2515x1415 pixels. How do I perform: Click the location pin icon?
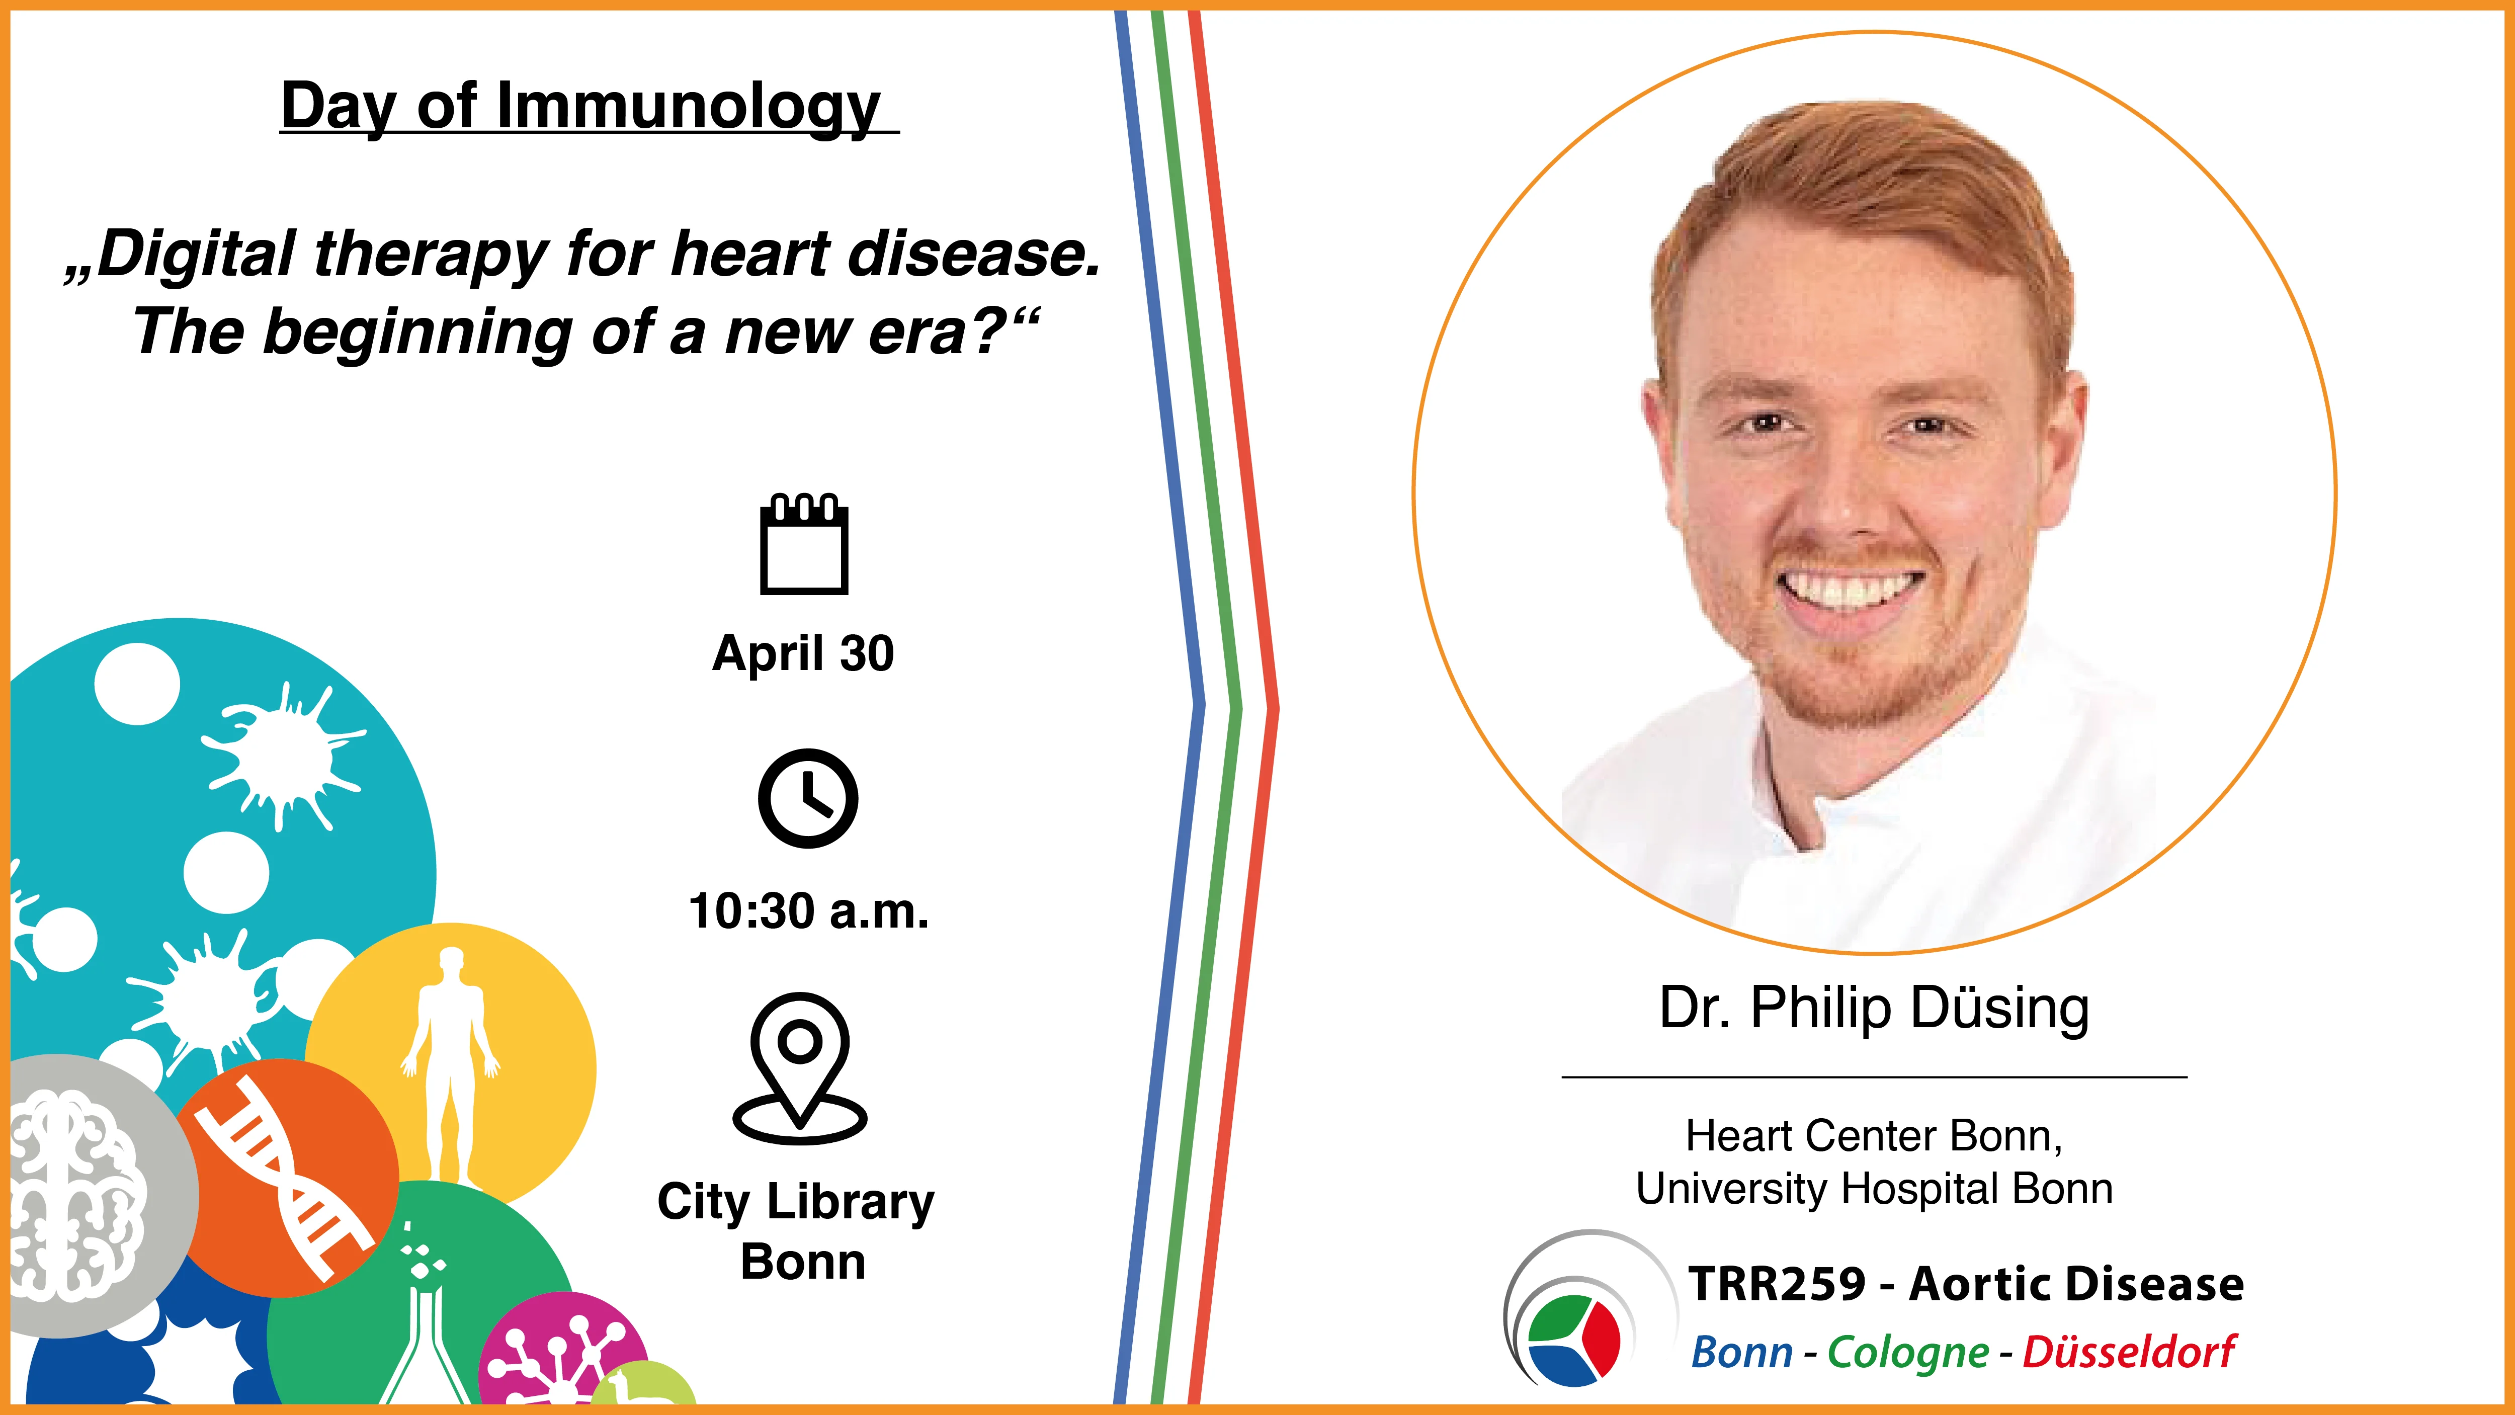[x=800, y=1068]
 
